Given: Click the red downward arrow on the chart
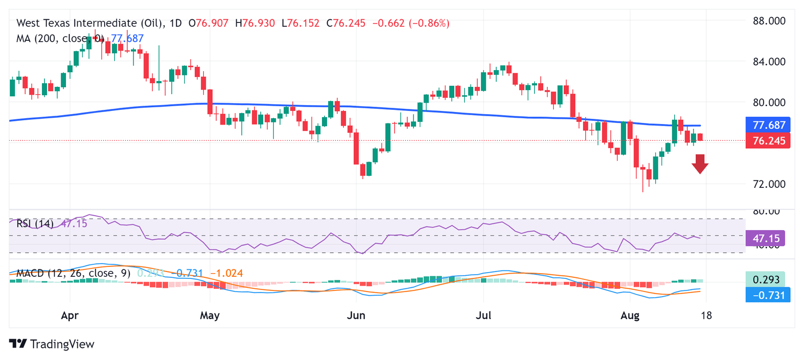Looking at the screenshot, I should (x=700, y=164).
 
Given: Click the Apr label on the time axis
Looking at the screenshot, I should (x=70, y=316).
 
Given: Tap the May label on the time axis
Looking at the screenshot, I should (x=209, y=316).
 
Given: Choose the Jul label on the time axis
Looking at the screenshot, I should (x=483, y=316).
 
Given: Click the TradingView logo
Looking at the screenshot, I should (x=52, y=344).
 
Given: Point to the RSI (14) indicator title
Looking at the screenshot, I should (x=35, y=224).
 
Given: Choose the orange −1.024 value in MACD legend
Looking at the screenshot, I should (x=226, y=273).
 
